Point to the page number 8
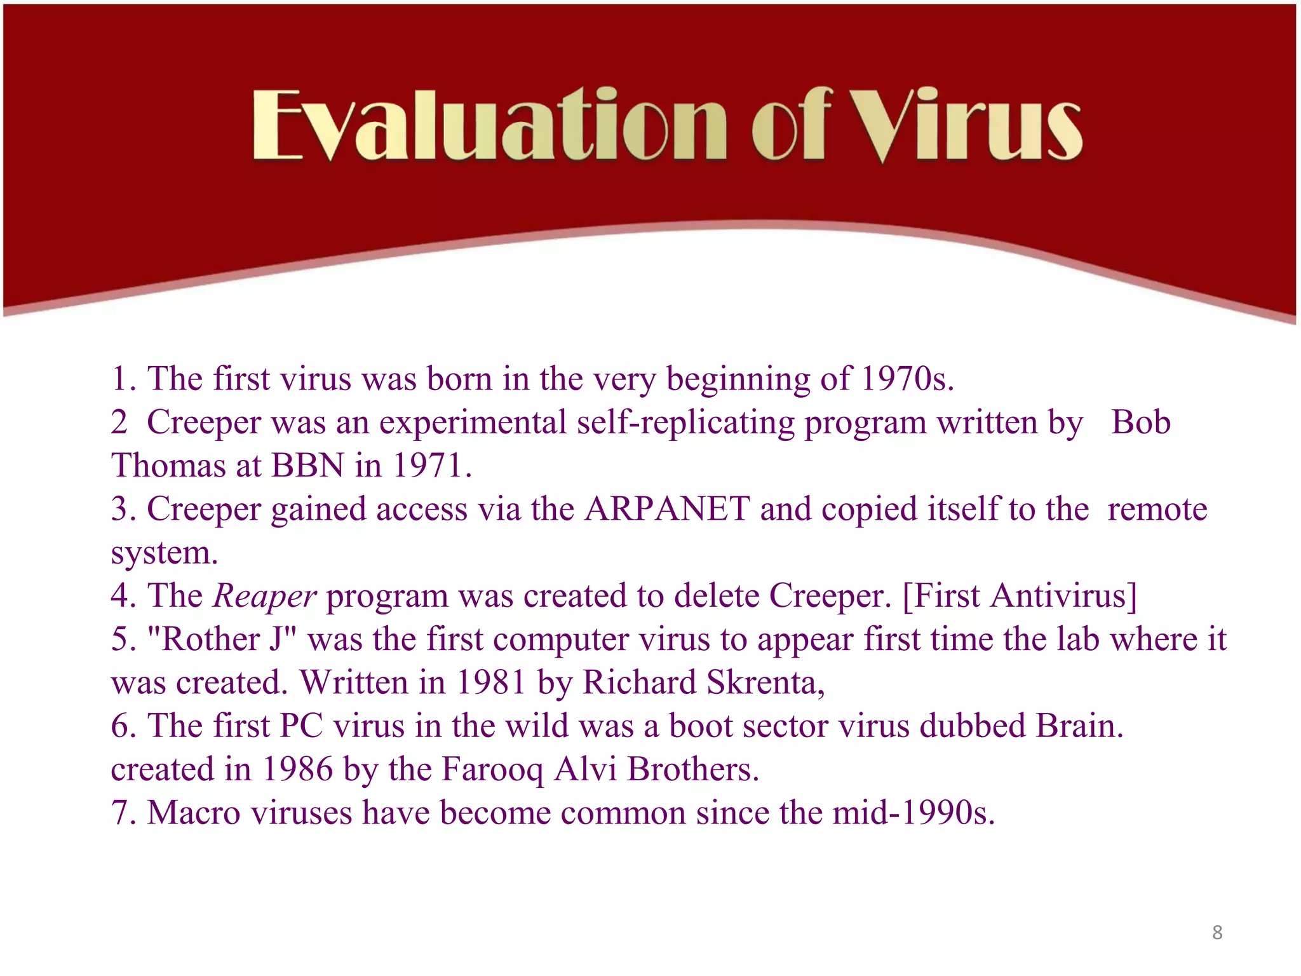click(1217, 932)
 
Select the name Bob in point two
click(1140, 422)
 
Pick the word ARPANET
click(667, 509)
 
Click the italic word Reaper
click(264, 596)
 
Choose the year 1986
click(297, 769)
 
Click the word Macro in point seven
click(194, 813)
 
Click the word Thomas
click(168, 465)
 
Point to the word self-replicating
click(685, 423)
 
